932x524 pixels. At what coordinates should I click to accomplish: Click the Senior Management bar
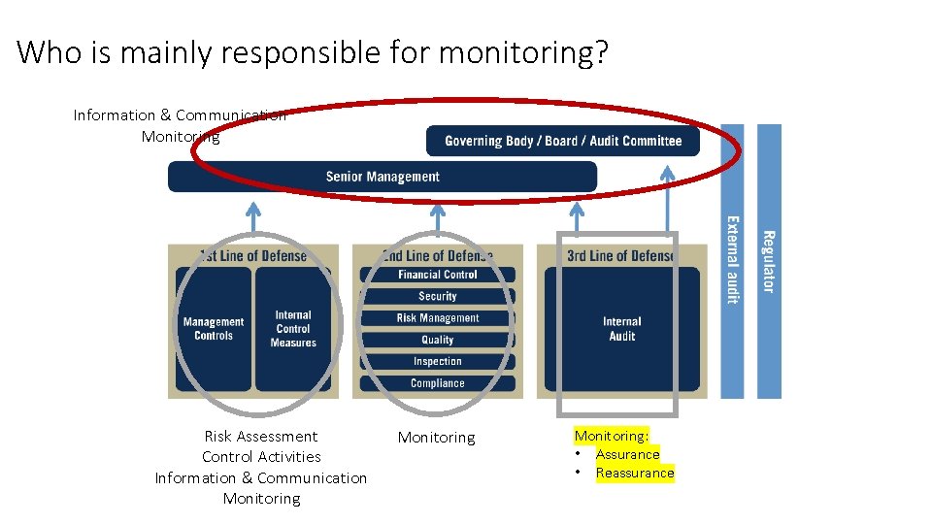click(383, 177)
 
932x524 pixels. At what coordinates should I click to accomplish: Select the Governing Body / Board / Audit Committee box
click(563, 141)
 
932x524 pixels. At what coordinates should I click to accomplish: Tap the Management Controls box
click(214, 329)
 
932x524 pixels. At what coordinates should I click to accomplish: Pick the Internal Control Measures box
click(293, 329)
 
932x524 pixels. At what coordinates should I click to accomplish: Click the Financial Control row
click(437, 275)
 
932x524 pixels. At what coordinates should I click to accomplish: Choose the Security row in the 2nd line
click(437, 296)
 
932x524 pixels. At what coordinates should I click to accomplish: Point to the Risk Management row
click(437, 318)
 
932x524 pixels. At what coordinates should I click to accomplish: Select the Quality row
click(437, 340)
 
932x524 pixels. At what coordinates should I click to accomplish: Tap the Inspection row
click(437, 361)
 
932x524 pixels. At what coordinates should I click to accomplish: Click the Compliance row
click(437, 383)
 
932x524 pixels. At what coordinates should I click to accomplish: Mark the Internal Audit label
click(621, 329)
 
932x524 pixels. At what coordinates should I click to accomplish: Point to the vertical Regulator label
click(768, 261)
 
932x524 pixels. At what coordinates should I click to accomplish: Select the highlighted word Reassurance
click(634, 474)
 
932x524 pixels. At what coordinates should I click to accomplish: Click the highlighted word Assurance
click(627, 454)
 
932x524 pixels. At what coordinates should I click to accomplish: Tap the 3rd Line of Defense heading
click(621, 256)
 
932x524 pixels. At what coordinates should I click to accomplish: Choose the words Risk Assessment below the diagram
click(261, 437)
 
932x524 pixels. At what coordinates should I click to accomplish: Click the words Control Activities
click(261, 457)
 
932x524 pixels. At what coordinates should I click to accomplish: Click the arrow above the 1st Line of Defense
click(253, 216)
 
